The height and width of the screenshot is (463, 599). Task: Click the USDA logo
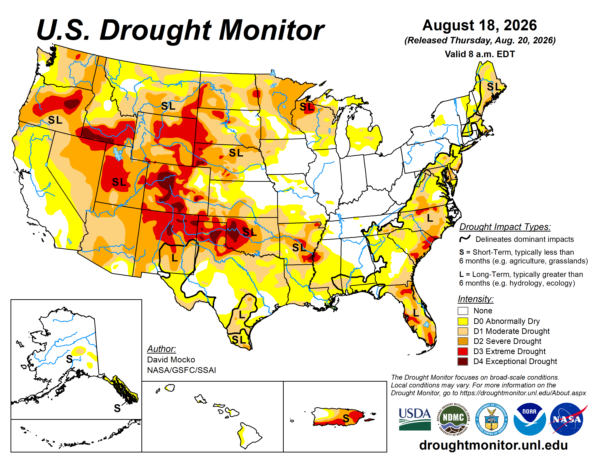pos(415,419)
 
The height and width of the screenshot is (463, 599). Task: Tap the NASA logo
pos(567,419)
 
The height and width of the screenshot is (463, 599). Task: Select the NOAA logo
pos(529,419)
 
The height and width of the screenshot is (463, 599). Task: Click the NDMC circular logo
pos(453,419)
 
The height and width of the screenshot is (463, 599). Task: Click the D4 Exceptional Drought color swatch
pos(463,362)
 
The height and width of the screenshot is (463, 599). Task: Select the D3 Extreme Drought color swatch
pos(463,351)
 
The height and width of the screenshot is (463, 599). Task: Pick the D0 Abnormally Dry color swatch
pos(463,321)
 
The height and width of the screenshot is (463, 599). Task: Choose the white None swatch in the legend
pos(463,311)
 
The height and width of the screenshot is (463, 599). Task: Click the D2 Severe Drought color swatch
pos(463,341)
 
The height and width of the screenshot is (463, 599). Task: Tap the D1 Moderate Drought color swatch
pos(463,331)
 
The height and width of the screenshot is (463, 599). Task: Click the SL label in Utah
pos(119,182)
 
